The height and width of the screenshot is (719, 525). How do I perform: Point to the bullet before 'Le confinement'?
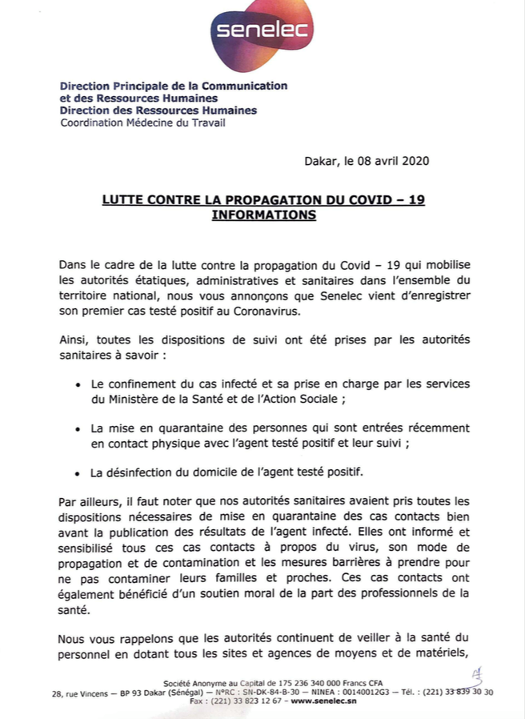(x=78, y=385)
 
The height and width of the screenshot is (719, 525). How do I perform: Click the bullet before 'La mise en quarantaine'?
(x=78, y=429)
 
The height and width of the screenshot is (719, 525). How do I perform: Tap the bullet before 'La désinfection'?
(x=78, y=473)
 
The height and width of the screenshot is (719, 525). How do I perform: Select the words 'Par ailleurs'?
(x=90, y=502)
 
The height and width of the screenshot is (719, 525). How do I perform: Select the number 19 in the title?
(x=416, y=199)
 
